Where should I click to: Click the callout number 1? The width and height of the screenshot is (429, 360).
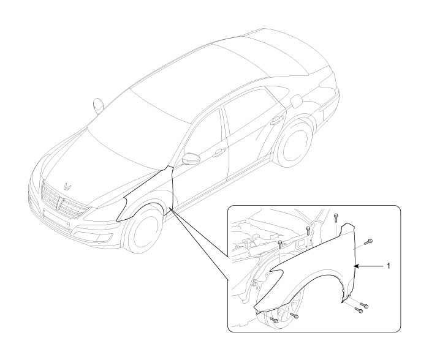pos(388,266)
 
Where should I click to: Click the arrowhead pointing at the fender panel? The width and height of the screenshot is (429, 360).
pos(356,266)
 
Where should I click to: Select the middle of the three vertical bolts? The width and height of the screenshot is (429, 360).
pos(308,230)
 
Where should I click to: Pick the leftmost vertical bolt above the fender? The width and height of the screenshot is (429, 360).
pos(280,244)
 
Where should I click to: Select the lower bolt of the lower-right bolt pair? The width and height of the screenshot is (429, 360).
pos(359,310)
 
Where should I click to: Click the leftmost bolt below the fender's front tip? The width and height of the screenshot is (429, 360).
pos(274,320)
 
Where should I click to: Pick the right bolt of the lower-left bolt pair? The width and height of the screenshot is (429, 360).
pos(294,316)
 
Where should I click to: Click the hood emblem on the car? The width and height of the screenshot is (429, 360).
pos(67,186)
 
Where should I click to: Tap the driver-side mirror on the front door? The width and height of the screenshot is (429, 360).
pos(189,159)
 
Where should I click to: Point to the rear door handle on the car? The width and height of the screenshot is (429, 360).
pos(277,119)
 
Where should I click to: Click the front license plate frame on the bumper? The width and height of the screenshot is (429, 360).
pos(56,218)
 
